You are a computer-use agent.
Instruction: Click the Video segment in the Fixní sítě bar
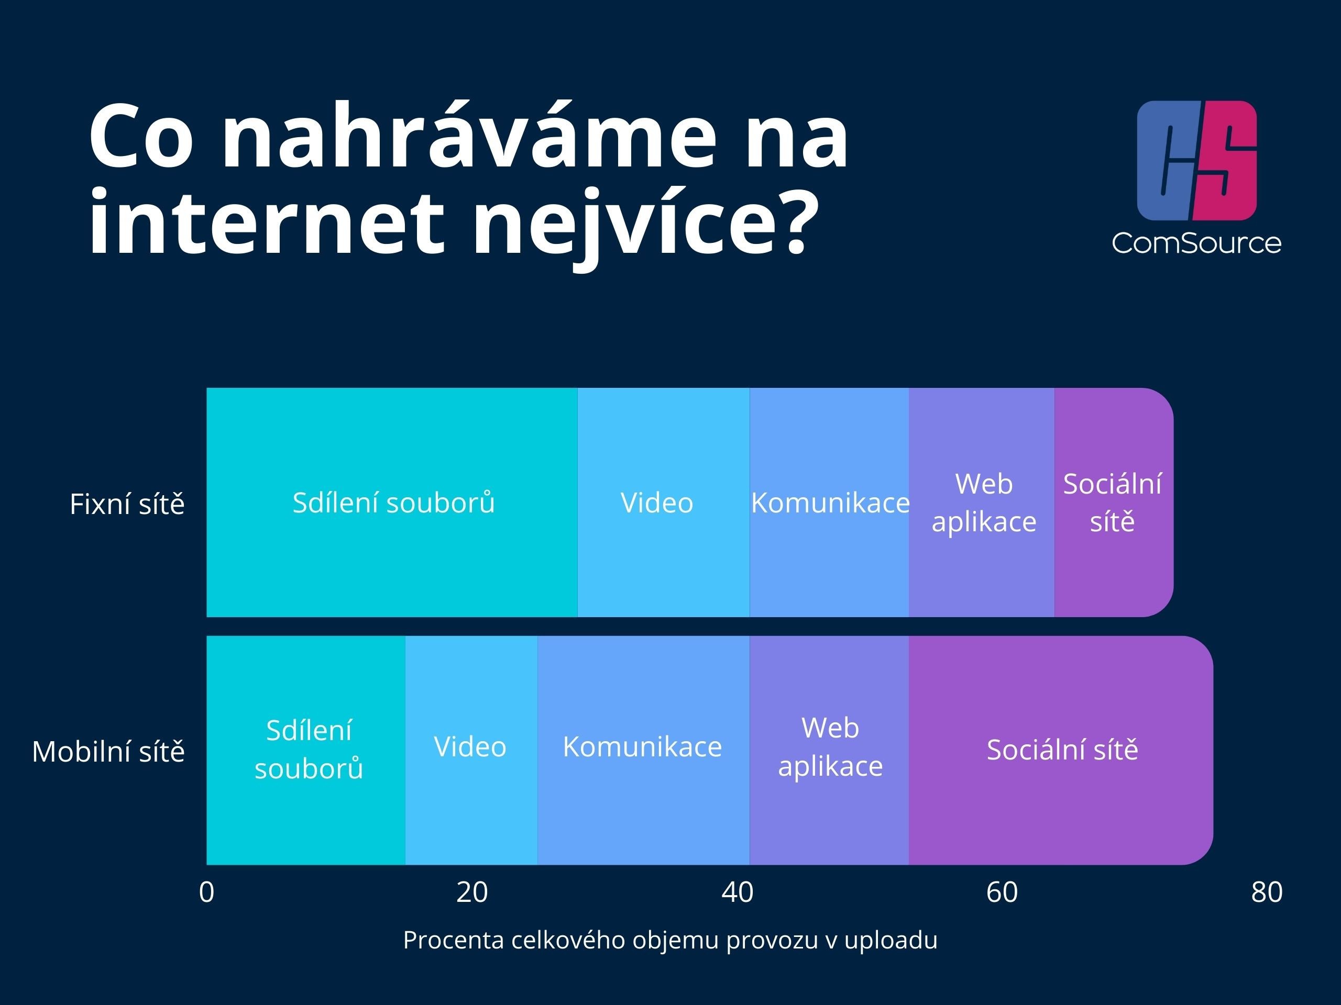pyautogui.click(x=663, y=502)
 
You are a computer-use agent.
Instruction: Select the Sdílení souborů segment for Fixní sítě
pyautogui.click(x=392, y=502)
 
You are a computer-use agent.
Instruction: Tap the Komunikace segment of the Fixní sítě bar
pyautogui.click(x=829, y=502)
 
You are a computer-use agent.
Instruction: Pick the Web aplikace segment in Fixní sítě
pyautogui.click(x=982, y=502)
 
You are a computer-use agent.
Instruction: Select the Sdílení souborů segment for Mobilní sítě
pyautogui.click(x=306, y=750)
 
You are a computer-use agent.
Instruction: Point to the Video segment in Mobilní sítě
pyautogui.click(x=471, y=750)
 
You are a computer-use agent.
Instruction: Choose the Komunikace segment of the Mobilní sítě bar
pyautogui.click(x=644, y=750)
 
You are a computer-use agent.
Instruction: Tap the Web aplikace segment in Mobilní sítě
pyautogui.click(x=829, y=750)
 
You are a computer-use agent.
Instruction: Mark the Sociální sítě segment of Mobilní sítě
pyautogui.click(x=1061, y=750)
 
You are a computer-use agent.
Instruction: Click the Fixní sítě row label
pyautogui.click(x=127, y=504)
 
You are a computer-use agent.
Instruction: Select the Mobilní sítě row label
pyautogui.click(x=108, y=752)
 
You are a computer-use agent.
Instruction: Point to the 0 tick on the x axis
pyautogui.click(x=207, y=892)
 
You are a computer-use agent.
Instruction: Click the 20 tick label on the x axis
pyautogui.click(x=471, y=892)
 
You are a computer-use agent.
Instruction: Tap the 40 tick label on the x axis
pyautogui.click(x=737, y=892)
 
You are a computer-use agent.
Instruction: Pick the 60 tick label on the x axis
pyautogui.click(x=1002, y=892)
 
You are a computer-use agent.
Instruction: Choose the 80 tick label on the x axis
pyautogui.click(x=1267, y=892)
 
